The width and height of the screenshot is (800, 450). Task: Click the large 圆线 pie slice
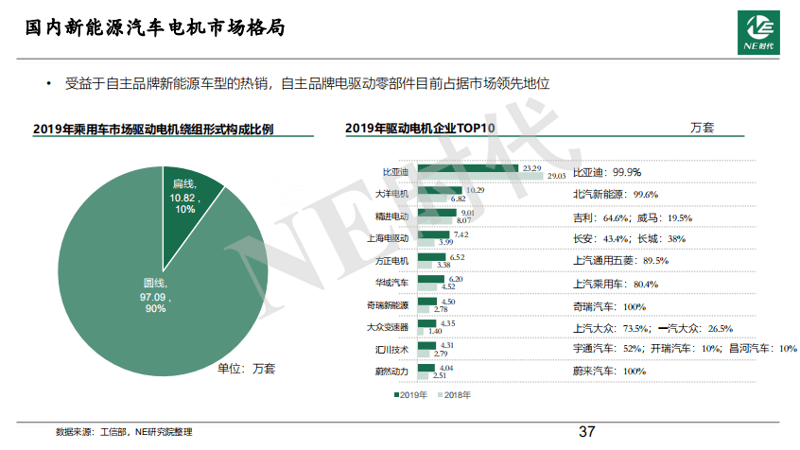point(142,293)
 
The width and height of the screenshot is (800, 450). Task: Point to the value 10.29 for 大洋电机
point(475,190)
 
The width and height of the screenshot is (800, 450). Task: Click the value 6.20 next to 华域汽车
point(456,279)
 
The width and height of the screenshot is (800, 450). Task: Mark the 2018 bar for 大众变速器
point(422,332)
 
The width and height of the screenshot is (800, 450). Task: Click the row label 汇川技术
point(392,350)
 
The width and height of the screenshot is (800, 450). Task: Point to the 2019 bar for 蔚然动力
point(426,368)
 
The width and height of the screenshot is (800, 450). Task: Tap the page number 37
point(586,432)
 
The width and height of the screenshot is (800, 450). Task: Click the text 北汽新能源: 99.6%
point(615,194)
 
